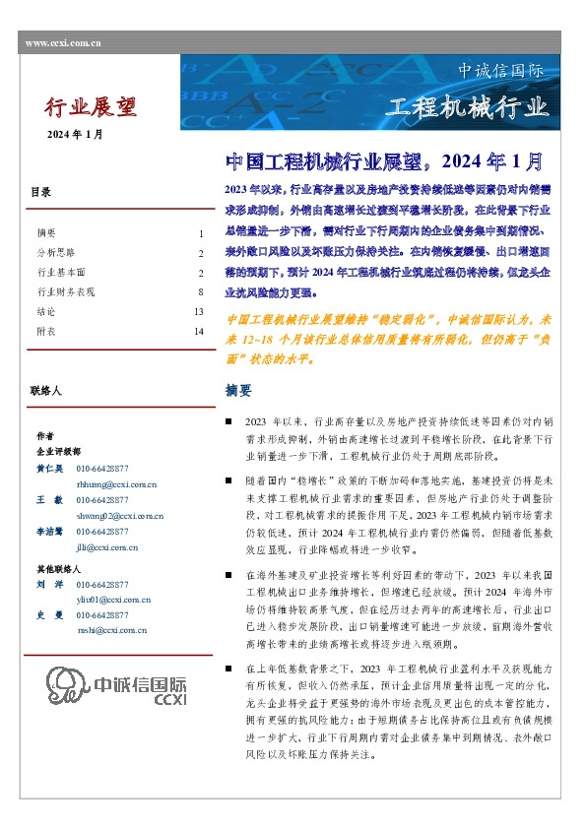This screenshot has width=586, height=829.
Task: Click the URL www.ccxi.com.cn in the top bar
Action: tap(60, 43)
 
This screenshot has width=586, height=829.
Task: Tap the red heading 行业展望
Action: tap(92, 106)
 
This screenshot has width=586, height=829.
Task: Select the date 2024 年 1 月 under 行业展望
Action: tap(76, 134)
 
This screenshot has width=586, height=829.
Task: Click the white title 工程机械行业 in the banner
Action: tap(466, 106)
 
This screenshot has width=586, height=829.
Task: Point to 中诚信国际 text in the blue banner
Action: tap(500, 71)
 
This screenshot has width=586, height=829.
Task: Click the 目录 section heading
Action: tap(40, 193)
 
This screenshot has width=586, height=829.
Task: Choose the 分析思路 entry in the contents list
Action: tap(55, 253)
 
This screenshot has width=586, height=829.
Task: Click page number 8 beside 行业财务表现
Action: tap(200, 292)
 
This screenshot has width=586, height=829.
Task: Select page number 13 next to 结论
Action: tap(198, 312)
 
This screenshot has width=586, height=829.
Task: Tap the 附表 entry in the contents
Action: tap(46, 332)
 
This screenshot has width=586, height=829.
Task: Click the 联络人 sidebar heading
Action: tap(46, 391)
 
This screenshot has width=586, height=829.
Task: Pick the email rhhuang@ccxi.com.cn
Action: tap(116, 484)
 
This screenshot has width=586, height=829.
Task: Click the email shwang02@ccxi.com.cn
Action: tap(120, 515)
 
